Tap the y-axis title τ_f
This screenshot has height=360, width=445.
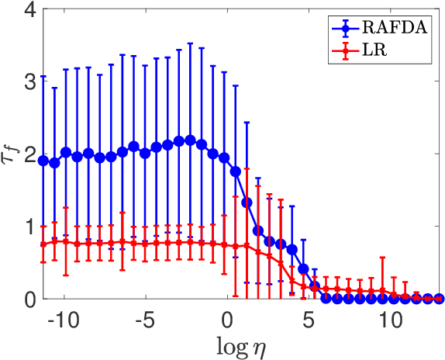coord(11,154)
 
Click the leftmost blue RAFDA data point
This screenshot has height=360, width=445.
coord(43,161)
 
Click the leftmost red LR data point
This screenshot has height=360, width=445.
coord(43,244)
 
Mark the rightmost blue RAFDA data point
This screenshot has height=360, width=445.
coord(439,299)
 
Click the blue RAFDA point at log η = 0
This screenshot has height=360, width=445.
coord(225,157)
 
